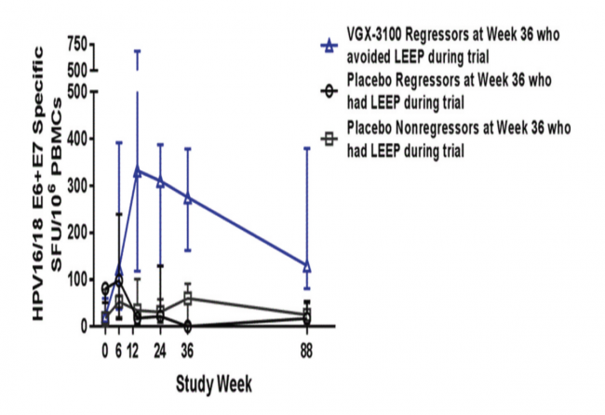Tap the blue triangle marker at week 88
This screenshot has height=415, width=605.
coord(307,266)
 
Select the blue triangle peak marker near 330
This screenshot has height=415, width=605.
coord(137,171)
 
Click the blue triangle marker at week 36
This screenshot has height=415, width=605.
coord(188,197)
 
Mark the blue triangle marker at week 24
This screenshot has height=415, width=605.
coord(160,181)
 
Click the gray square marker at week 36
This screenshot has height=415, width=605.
coord(188,299)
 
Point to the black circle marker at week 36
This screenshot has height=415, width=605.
coord(188,327)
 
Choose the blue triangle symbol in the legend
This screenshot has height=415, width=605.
coord(327,44)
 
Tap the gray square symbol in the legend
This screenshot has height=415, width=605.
coord(327,138)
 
